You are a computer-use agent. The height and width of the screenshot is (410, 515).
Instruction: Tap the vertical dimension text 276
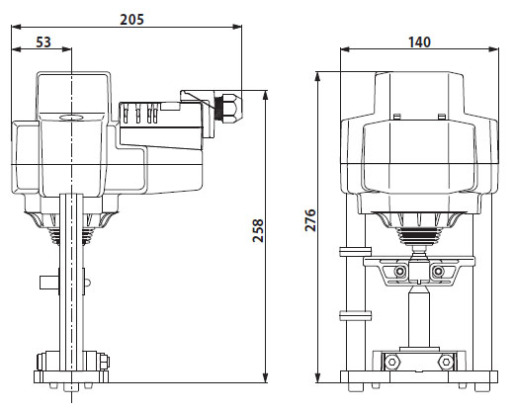coord(309,220)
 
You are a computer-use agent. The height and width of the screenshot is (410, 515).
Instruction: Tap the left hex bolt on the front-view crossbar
coord(399,272)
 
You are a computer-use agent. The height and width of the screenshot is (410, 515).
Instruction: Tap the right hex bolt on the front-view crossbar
coord(438,272)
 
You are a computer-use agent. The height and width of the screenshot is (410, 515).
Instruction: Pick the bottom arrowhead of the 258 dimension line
coord(268,380)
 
